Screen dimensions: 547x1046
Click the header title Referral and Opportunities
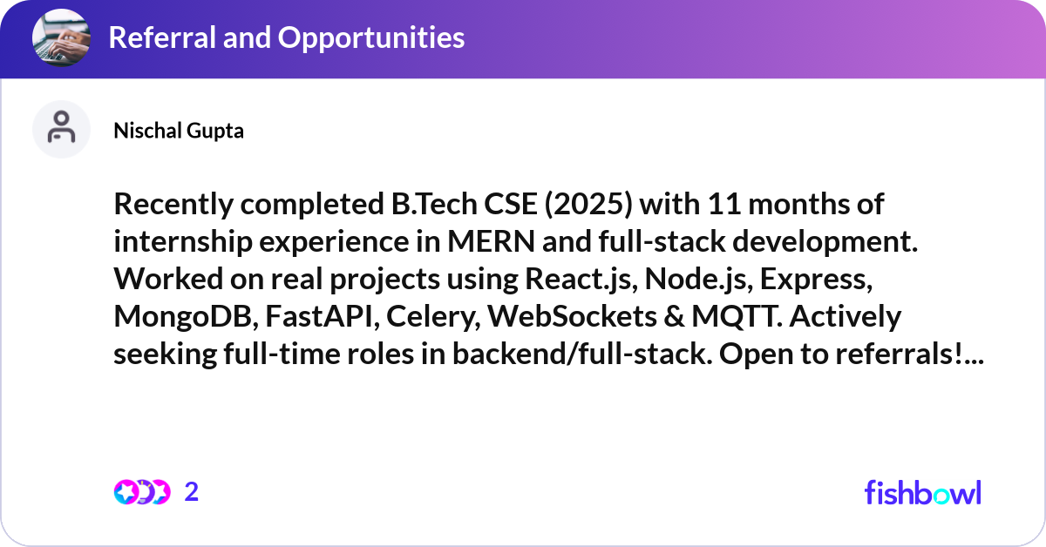point(286,37)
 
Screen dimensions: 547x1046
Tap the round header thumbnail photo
point(61,38)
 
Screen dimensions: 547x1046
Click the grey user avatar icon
point(61,129)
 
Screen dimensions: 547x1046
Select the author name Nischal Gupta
point(179,131)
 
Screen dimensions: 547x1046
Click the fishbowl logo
point(922,492)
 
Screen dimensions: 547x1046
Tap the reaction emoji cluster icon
point(142,492)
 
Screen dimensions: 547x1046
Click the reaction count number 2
point(192,492)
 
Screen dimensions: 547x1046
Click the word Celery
point(434,318)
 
